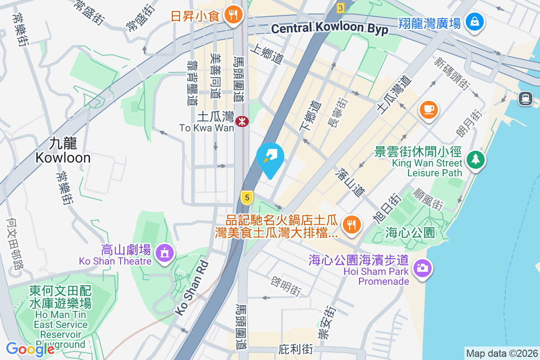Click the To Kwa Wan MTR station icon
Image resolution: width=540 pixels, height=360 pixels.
242,121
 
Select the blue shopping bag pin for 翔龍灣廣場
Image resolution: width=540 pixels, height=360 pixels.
474,22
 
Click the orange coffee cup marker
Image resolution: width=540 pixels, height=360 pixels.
428,109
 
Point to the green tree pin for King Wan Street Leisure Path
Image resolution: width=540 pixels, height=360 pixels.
475,159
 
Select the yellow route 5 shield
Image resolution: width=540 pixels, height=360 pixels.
246,197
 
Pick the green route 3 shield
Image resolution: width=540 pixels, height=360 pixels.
341,8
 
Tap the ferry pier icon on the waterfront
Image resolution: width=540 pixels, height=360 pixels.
525,98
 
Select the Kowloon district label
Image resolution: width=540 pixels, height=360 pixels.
63,151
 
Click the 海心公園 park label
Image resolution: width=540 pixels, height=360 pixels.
410,233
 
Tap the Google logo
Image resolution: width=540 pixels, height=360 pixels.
30,349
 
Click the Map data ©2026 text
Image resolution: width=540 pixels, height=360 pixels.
501,354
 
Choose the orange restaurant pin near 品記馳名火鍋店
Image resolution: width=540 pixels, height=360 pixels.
351,224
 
